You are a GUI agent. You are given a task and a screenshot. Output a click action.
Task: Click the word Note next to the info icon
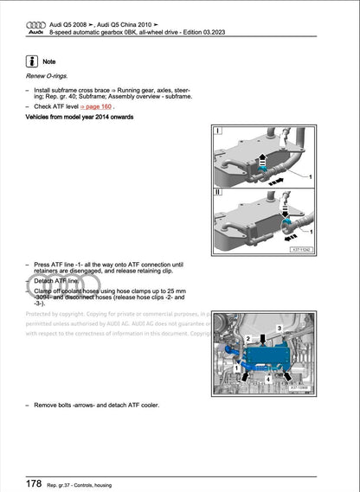pos(49,63)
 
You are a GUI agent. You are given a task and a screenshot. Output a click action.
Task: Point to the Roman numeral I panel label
pos(218,132)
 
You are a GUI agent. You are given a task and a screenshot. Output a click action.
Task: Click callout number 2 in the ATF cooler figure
pos(248,339)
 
